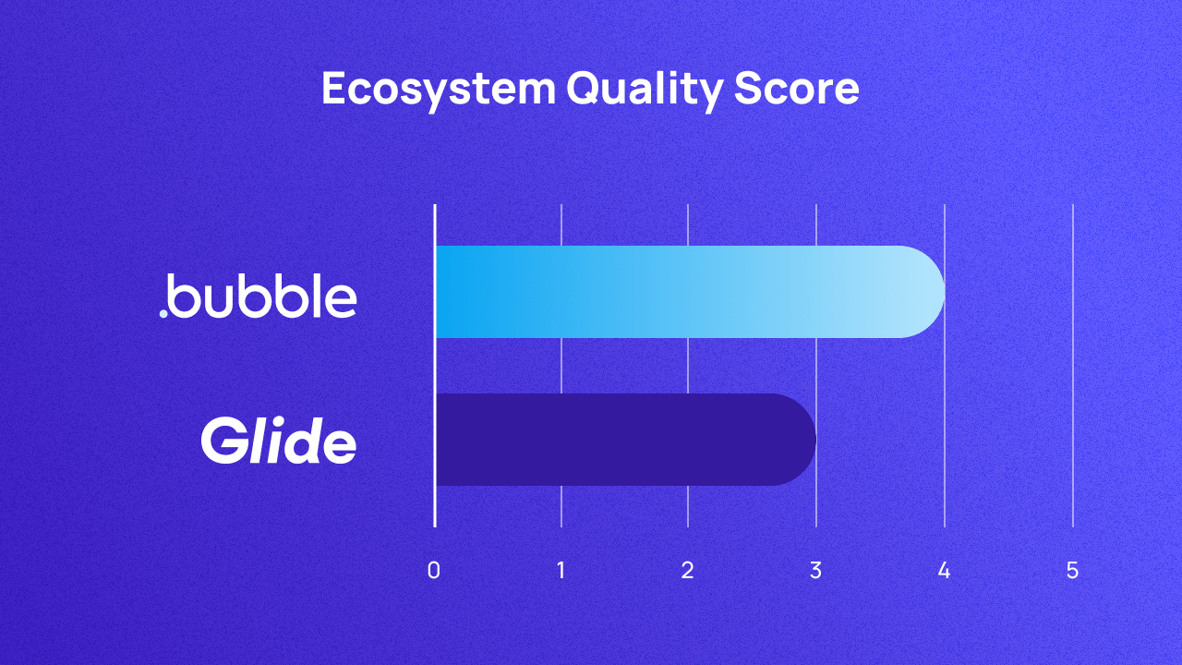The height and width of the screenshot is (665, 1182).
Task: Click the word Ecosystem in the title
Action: pyautogui.click(x=439, y=90)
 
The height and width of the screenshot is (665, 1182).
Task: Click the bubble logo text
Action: pyautogui.click(x=263, y=296)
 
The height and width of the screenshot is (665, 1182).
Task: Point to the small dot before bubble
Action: pyautogui.click(x=163, y=314)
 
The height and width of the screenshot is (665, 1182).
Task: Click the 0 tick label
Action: pyautogui.click(x=434, y=571)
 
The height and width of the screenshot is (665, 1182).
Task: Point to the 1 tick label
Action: pyautogui.click(x=561, y=571)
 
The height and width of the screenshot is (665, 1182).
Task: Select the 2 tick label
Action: pyautogui.click(x=688, y=571)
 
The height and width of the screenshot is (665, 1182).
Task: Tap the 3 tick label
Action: pyautogui.click(x=815, y=571)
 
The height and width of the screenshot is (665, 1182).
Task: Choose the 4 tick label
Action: pyautogui.click(x=944, y=571)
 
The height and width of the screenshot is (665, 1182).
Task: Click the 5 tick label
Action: pyautogui.click(x=1072, y=571)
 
